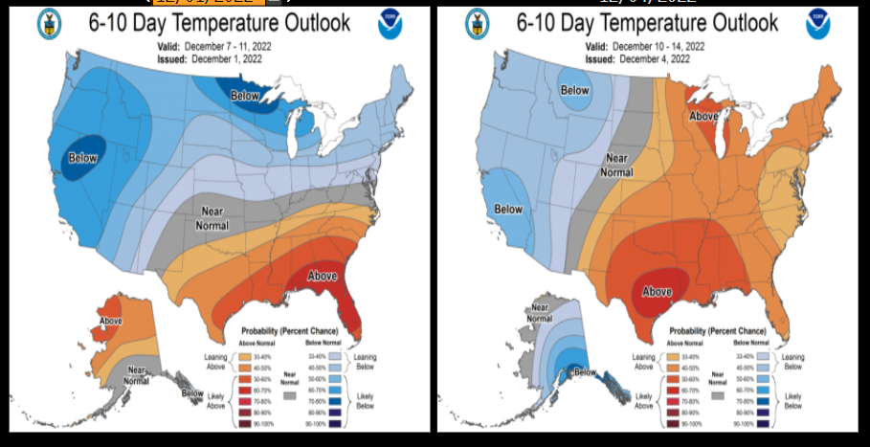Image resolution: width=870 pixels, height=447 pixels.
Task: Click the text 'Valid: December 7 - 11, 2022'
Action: click(x=212, y=46)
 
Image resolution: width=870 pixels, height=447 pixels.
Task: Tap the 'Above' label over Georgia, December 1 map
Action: click(x=322, y=276)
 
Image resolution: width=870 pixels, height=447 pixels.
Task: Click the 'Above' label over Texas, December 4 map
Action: click(x=658, y=291)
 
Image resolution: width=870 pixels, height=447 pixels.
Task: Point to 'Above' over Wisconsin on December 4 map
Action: click(x=704, y=116)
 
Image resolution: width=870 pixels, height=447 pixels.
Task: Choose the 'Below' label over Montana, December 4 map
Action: click(x=575, y=91)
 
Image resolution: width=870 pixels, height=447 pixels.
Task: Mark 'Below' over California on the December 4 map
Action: click(x=508, y=209)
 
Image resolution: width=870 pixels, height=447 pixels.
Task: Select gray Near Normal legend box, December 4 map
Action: click(x=718, y=393)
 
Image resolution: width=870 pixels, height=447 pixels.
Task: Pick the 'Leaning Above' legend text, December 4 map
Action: click(x=643, y=362)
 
